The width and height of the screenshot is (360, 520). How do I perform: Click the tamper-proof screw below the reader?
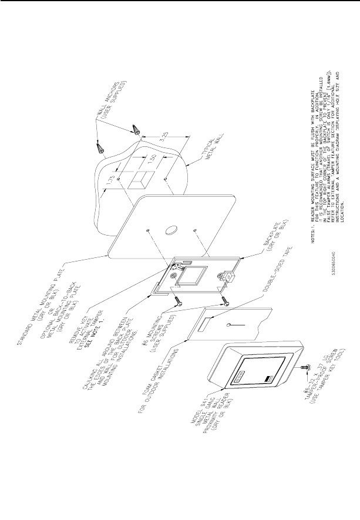point(303,366)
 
